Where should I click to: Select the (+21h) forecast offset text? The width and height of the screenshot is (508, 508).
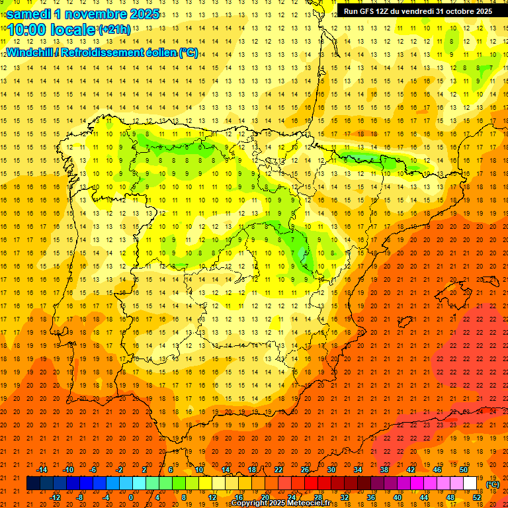pos(115,30)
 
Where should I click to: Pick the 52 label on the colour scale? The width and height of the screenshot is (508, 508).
pos(476,497)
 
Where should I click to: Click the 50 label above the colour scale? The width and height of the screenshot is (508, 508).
pos(464,469)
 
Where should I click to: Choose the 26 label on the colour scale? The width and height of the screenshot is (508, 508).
pos(305,469)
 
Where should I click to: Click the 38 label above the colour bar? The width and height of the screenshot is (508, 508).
pos(384,469)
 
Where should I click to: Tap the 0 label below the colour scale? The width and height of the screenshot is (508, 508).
pos(131,497)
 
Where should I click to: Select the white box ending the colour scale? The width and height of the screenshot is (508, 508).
pos(470,484)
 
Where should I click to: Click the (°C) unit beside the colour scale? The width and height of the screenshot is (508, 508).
pos(492,484)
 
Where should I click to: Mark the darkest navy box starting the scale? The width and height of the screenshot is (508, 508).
pos(33,484)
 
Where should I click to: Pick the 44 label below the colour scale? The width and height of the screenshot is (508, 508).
pos(424,497)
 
